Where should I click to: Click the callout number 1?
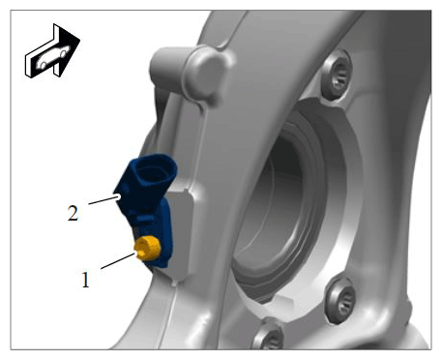(85, 280)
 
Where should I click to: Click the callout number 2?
(73, 213)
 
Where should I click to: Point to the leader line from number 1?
(118, 260)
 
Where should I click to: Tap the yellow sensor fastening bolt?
(148, 248)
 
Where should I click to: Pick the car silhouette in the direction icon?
(53, 57)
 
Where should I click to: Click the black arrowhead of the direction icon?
(69, 48)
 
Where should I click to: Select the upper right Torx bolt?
(338, 75)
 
